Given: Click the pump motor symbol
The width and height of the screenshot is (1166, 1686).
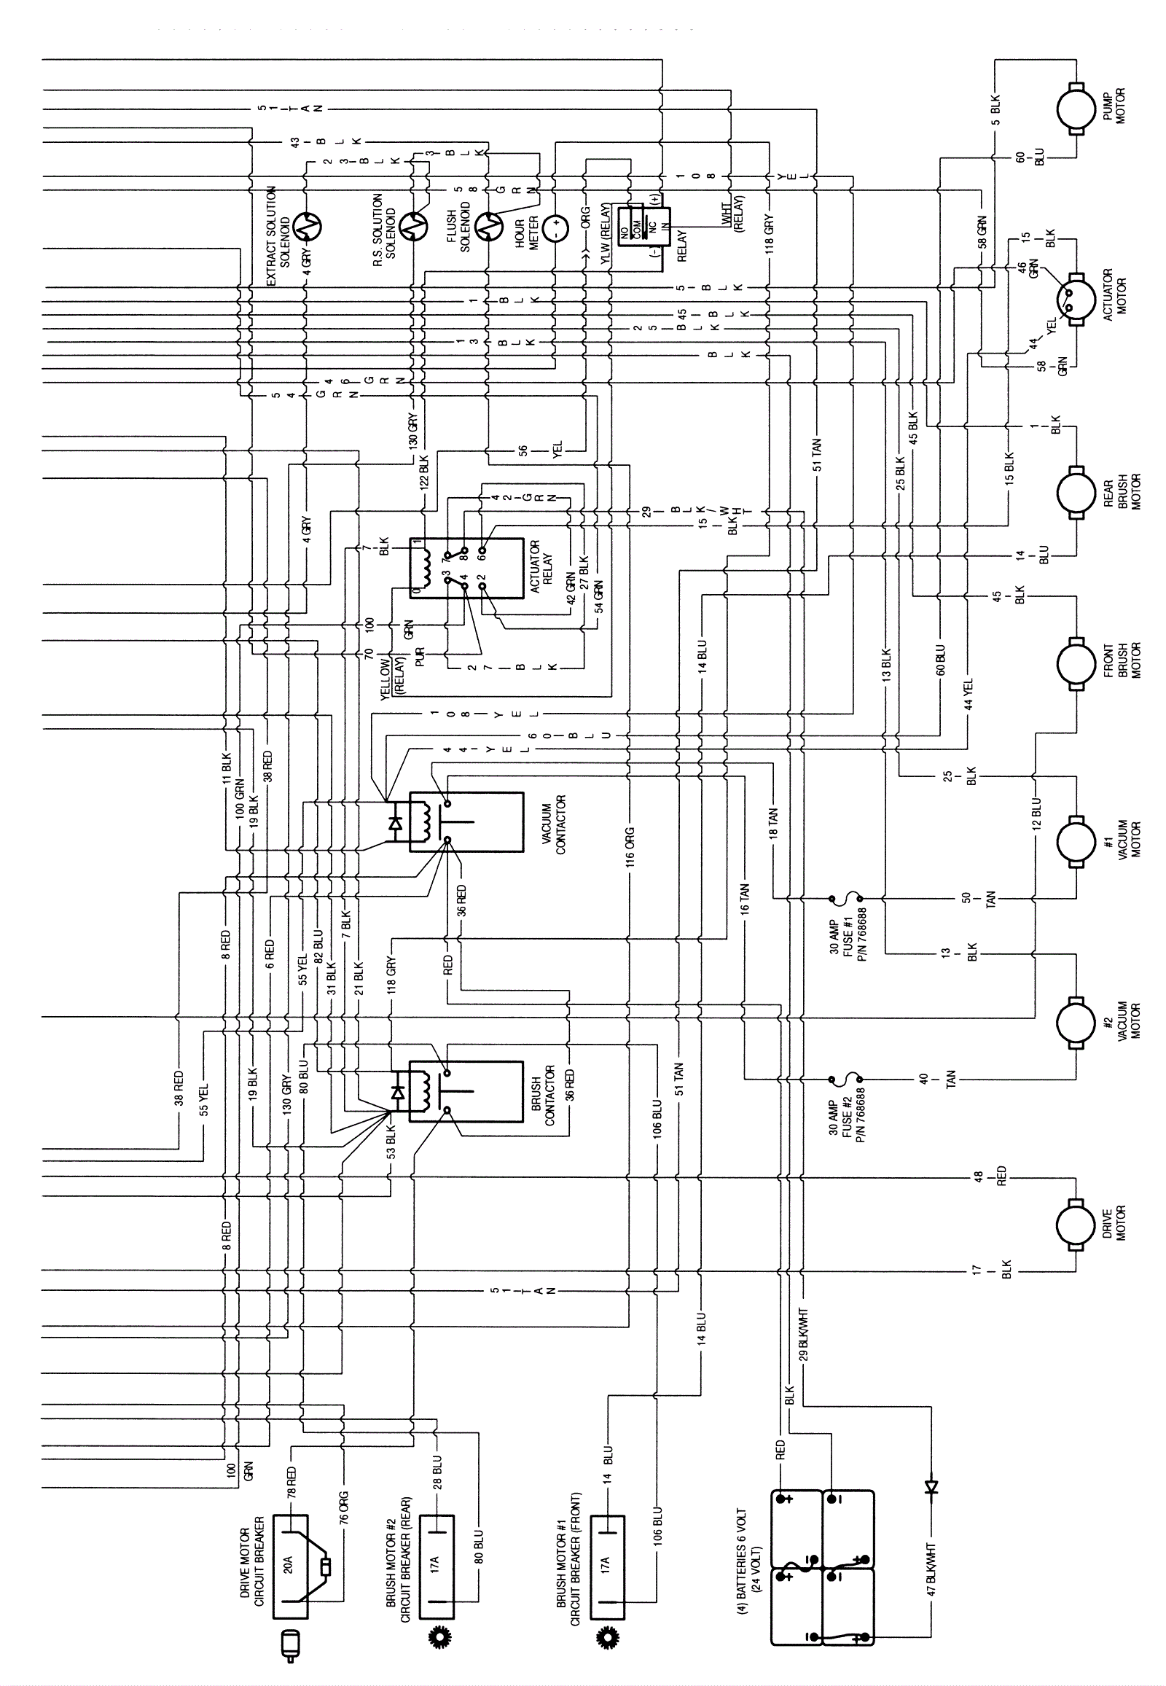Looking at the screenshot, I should point(1076,108).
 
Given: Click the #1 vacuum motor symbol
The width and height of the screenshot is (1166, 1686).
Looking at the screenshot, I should point(1076,842).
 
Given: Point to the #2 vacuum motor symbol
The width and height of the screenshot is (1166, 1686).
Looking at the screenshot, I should point(1076,1023).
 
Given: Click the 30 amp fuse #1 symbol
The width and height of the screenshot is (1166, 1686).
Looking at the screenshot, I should point(845,897).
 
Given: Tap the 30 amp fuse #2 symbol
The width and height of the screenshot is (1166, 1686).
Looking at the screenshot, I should point(845,1079).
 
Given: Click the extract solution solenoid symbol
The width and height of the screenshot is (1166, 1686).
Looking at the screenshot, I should point(306,227).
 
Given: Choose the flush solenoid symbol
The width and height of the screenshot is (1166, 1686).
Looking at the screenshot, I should point(488,227).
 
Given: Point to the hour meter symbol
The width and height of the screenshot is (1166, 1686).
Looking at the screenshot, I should point(555,227).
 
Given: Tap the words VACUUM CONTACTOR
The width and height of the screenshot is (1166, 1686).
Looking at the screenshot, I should point(555,825).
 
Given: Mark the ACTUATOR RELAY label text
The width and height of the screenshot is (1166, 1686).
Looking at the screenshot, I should point(541,569).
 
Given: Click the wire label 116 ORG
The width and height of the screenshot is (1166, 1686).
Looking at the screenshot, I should point(629,846).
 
